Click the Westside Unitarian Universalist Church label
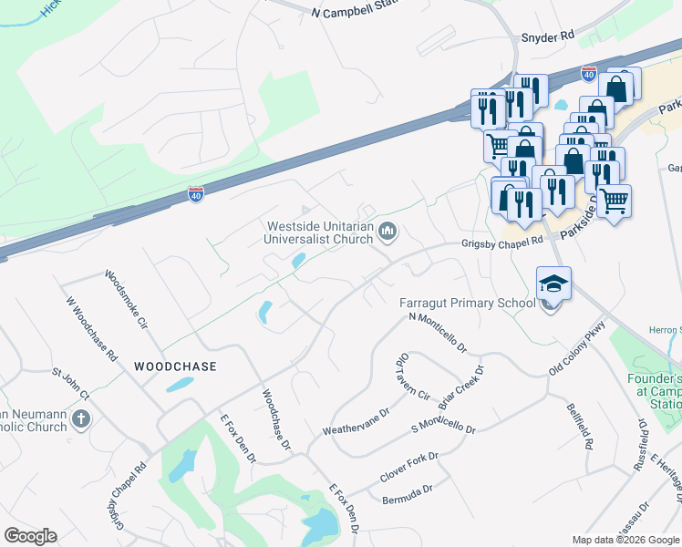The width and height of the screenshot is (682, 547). click(320, 232)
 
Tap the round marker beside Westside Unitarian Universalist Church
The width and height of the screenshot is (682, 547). click(388, 233)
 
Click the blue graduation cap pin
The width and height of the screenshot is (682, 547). click(553, 284)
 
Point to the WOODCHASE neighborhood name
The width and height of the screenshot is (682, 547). click(175, 366)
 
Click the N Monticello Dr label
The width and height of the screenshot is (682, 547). click(439, 333)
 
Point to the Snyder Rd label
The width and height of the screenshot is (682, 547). click(547, 36)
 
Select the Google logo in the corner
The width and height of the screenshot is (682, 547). click(30, 536)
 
